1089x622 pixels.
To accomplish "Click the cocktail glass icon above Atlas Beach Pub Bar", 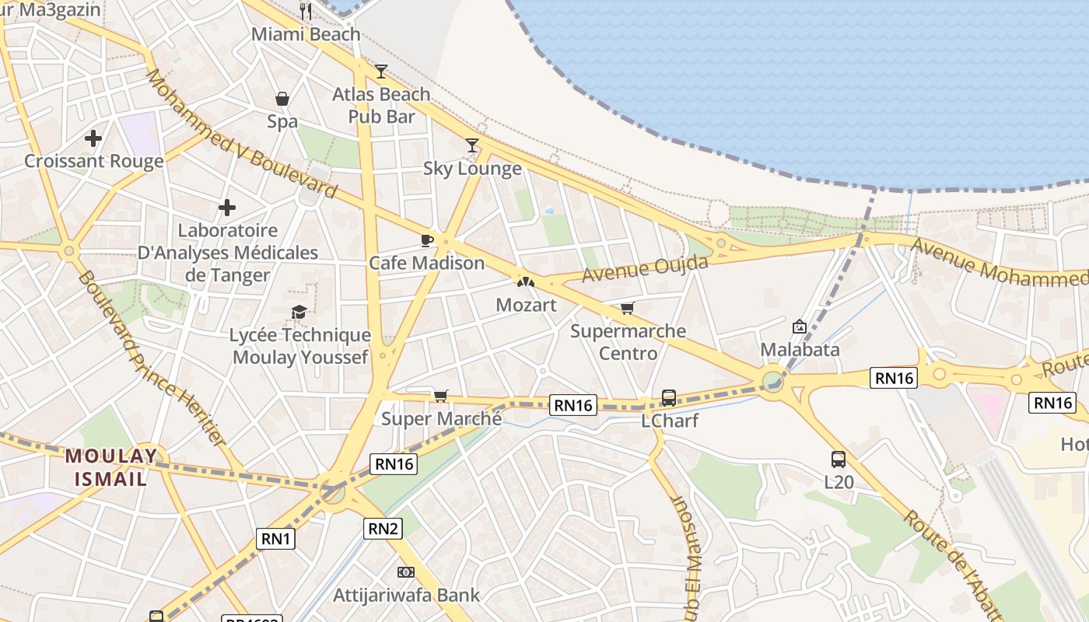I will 380,72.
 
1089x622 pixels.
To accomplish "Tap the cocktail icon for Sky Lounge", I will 472,145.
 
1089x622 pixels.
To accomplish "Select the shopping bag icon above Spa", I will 282,99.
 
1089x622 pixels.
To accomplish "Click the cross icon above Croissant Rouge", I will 93,139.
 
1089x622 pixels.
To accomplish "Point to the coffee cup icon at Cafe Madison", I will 426,240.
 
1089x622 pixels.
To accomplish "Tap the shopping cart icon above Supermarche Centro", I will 628,309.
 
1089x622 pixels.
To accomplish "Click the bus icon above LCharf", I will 668,398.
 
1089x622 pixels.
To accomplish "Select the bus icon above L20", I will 838,460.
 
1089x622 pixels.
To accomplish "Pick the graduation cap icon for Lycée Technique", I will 299,313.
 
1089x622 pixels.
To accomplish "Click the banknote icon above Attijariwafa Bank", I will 406,572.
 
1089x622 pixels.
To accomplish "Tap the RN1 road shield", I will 276,538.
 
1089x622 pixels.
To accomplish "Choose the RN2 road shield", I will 383,529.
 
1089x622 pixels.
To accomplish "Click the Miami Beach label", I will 306,34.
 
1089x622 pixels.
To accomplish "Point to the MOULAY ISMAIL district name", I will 110,467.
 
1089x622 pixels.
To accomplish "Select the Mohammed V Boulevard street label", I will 241,134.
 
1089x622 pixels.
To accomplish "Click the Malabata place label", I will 800,350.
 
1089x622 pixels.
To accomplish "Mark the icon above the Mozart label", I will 526,281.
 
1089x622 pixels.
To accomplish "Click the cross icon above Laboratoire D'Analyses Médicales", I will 227,208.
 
